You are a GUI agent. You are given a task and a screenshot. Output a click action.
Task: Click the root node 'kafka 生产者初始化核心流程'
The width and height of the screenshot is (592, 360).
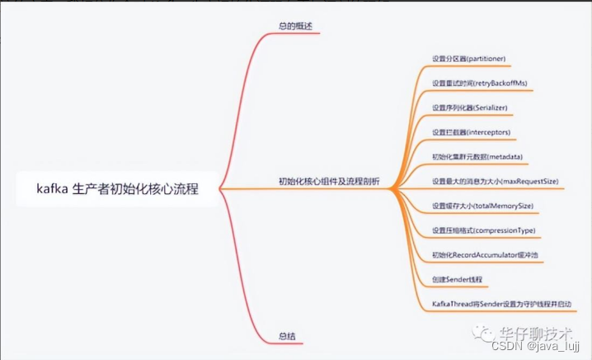(117, 188)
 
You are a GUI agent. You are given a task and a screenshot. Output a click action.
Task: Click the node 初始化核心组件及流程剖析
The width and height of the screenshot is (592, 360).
(329, 182)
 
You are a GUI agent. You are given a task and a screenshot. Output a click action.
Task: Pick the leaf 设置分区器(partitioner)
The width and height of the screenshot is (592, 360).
(469, 59)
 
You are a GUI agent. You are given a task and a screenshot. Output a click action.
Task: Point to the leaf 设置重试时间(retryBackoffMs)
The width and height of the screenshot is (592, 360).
(479, 83)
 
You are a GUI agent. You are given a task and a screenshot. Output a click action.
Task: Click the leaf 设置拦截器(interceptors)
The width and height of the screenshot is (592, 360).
(472, 132)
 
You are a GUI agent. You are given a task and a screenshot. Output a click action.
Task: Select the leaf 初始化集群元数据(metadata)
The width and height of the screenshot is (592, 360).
(478, 156)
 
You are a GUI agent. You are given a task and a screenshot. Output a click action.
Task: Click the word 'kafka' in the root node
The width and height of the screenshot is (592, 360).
(51, 188)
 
